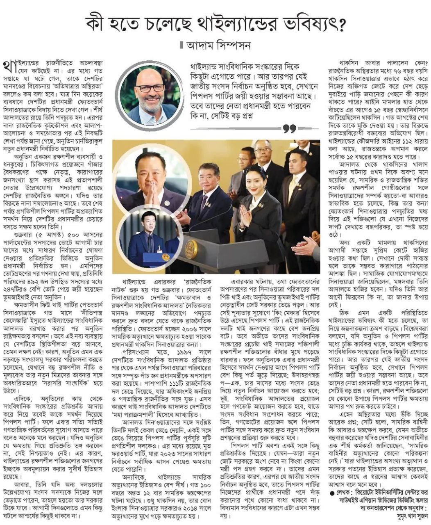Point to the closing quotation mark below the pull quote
tap(290, 129)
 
